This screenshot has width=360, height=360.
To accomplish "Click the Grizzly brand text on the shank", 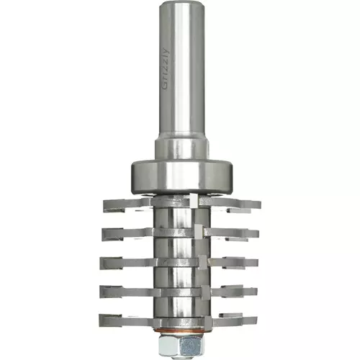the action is click(166, 69).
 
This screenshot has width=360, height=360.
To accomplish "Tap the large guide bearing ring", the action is click(181, 176).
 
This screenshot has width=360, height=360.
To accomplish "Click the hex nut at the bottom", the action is click(181, 345).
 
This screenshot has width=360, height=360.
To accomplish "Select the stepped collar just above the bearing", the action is click(181, 149).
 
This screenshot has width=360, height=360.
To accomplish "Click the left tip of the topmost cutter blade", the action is click(104, 206).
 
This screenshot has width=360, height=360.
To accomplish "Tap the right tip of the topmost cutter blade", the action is click(260, 204).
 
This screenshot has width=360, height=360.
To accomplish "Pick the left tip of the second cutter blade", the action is click(103, 234).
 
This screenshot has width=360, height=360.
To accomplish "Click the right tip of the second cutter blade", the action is click(258, 233).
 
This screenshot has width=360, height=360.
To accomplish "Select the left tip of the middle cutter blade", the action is click(101, 262).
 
